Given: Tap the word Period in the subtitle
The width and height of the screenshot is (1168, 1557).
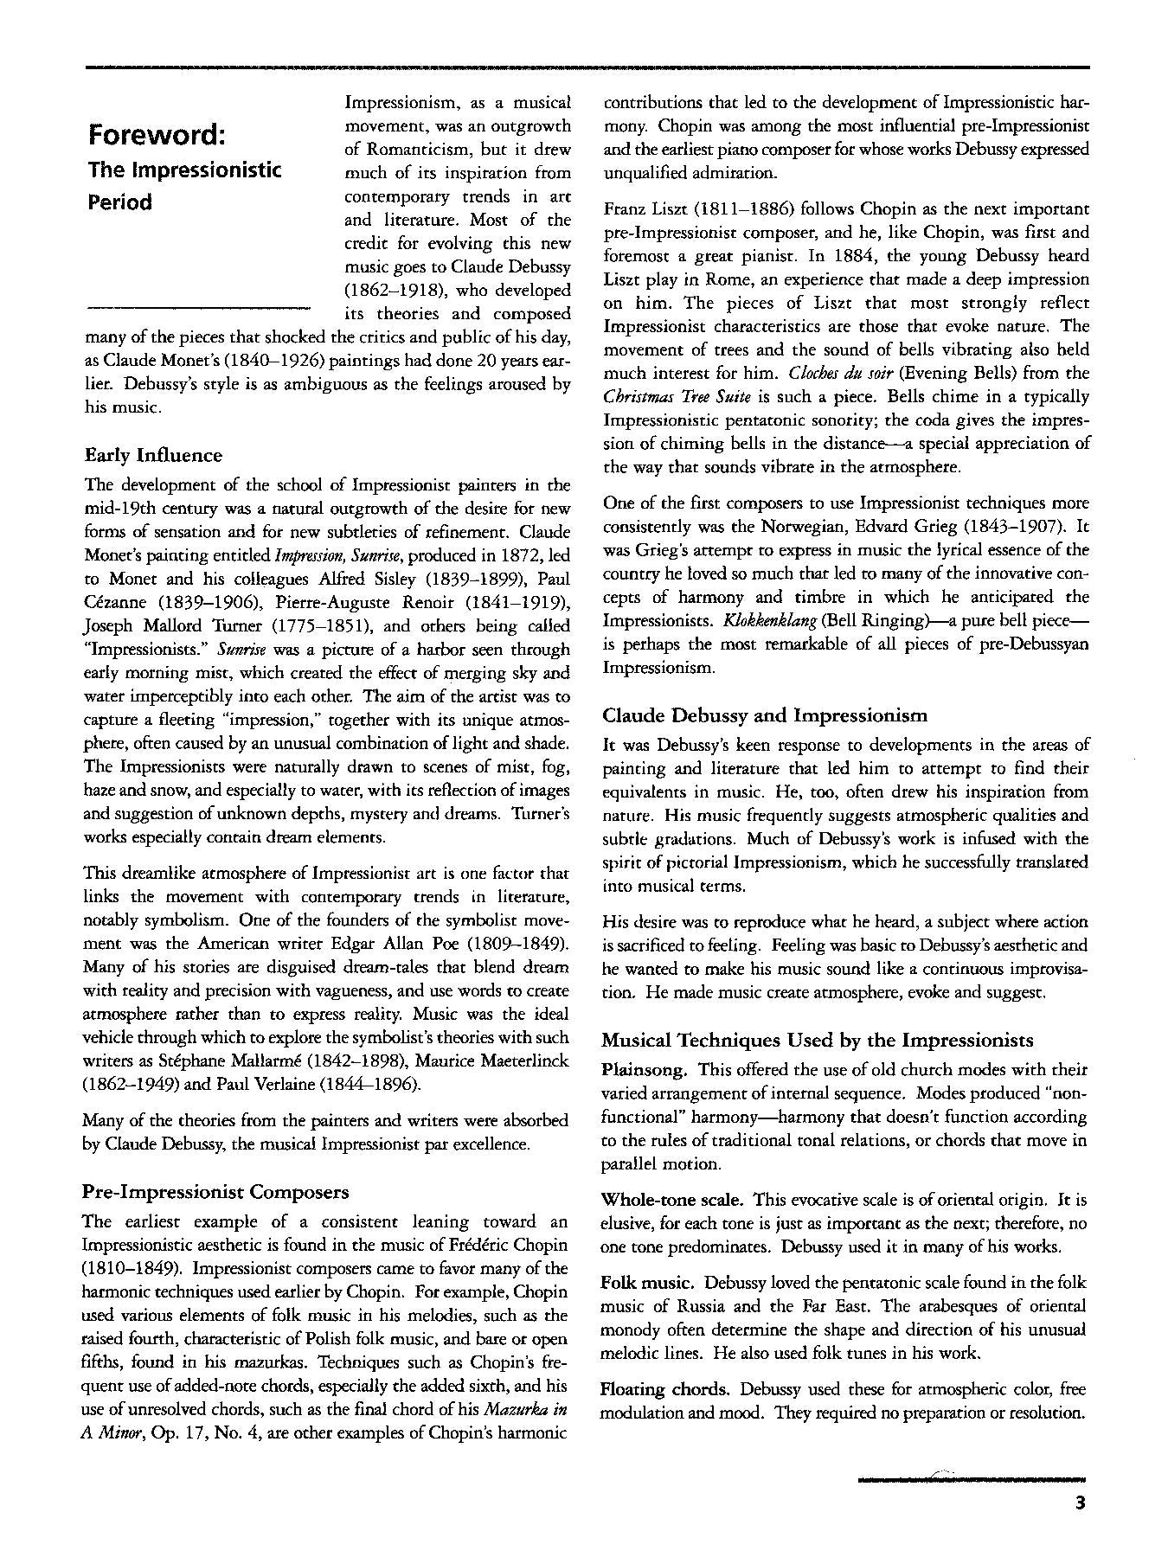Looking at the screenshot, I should coord(120,202).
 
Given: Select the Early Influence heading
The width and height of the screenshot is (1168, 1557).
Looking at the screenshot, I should coord(153,456).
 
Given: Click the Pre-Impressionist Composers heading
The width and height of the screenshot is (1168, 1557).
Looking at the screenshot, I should coord(215,1192).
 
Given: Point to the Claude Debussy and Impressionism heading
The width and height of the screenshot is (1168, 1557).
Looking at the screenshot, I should coord(765,715).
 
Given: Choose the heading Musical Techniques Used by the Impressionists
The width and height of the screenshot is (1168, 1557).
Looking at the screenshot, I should coord(818,1040).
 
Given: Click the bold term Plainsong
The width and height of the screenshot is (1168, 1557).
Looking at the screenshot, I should coord(645,1070).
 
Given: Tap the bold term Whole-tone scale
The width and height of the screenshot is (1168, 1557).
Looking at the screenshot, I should coord(672,1200).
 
